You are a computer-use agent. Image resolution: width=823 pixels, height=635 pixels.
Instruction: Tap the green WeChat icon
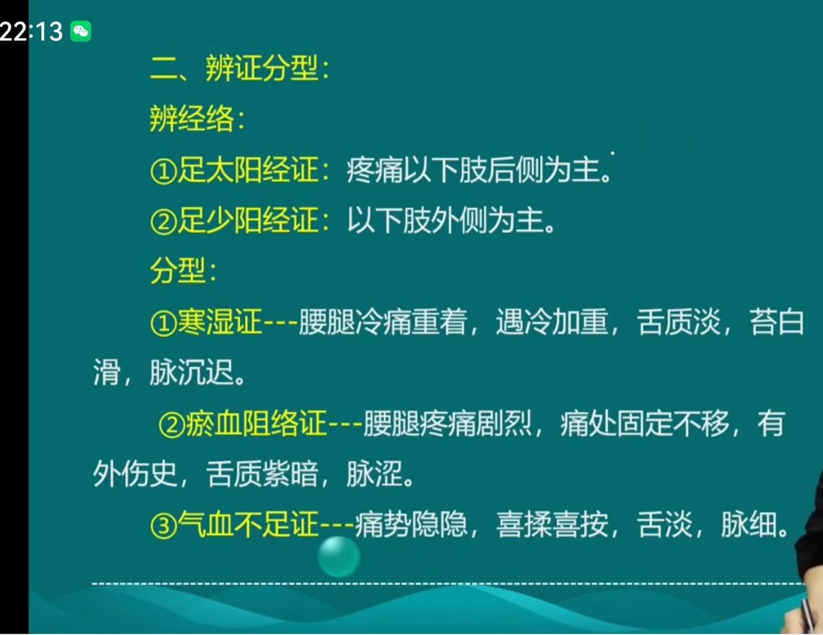pyautogui.click(x=81, y=31)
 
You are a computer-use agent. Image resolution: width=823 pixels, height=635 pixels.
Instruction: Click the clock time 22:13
pyautogui.click(x=31, y=31)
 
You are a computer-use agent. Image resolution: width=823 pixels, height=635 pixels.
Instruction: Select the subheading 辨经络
pyautogui.click(x=192, y=119)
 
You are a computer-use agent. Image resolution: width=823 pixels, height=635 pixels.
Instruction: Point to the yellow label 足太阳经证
pyautogui.click(x=247, y=170)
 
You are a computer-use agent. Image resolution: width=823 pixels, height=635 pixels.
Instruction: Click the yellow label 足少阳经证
pyautogui.click(x=247, y=220)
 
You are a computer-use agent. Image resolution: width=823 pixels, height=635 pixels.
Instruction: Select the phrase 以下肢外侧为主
pyautogui.click(x=446, y=220)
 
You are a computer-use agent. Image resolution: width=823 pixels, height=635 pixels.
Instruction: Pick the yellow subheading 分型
pyautogui.click(x=178, y=270)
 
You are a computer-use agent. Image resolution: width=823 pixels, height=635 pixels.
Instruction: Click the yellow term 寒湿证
pyautogui.click(x=220, y=322)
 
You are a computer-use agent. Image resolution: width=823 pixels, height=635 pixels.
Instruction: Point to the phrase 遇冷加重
pyautogui.click(x=552, y=322)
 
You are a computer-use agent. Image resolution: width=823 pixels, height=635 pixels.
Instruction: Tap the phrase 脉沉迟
pyautogui.click(x=192, y=372)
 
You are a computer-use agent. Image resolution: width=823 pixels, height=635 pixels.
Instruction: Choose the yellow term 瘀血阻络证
pyautogui.click(x=256, y=423)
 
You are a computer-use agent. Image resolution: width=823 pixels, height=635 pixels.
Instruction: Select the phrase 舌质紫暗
pyautogui.click(x=262, y=474)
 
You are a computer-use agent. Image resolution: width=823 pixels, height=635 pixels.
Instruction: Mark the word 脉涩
pyautogui.click(x=374, y=474)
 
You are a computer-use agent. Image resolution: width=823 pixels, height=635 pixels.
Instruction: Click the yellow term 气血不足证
pyautogui.click(x=247, y=524)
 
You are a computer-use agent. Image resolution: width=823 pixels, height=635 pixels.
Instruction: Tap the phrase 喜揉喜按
pyautogui.click(x=552, y=524)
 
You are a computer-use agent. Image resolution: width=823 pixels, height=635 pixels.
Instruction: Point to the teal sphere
pyautogui.click(x=339, y=557)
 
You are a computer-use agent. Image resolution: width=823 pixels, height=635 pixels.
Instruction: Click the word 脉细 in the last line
pyautogui.click(x=749, y=524)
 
